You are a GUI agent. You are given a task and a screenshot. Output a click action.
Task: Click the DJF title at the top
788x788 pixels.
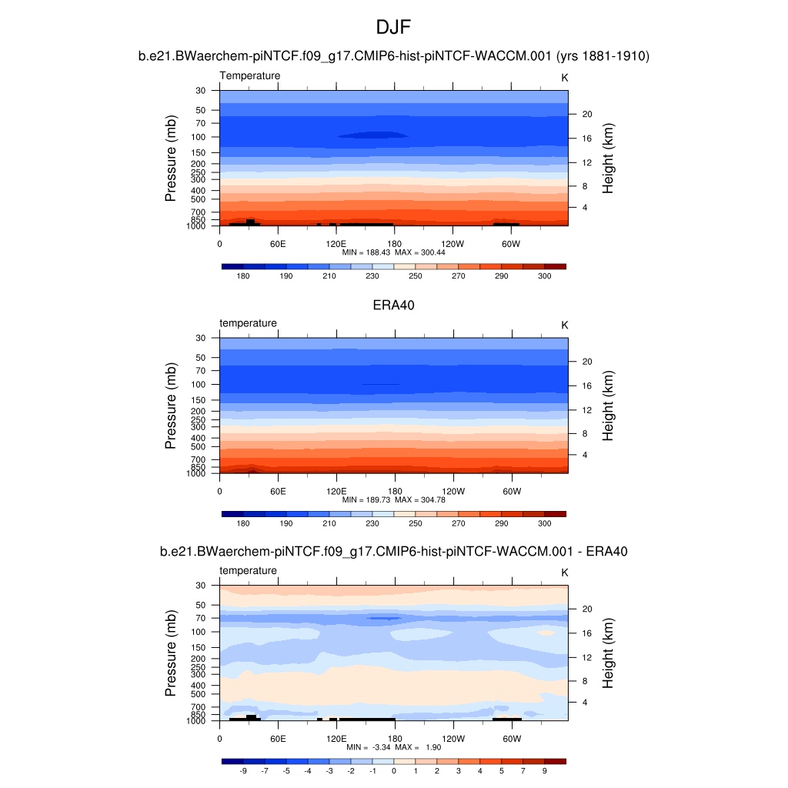coord(394,28)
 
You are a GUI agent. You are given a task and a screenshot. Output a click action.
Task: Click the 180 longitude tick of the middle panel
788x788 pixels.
coord(394,491)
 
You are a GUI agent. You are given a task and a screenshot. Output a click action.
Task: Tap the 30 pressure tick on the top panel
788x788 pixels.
coord(201,91)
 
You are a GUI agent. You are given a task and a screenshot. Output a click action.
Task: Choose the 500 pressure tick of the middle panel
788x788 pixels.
coord(199,446)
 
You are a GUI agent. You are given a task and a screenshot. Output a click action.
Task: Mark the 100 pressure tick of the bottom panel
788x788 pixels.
coord(199,632)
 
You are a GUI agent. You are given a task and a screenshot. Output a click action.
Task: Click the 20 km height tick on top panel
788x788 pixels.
coord(586,115)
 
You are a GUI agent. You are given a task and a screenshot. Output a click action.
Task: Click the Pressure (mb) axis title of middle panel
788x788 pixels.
coord(171,406)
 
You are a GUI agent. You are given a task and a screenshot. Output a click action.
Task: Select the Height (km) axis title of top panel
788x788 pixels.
coord(608,158)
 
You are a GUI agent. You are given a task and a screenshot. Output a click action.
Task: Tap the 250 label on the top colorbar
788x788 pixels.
coord(416,275)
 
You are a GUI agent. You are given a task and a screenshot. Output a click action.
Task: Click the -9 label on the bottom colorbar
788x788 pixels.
coord(243,770)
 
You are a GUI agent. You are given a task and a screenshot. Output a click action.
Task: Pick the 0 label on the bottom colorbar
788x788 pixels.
coord(394,770)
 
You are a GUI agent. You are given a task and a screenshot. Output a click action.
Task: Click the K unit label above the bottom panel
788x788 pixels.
coord(565,573)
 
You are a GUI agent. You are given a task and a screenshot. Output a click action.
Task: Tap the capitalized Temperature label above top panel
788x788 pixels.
coord(250,75)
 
